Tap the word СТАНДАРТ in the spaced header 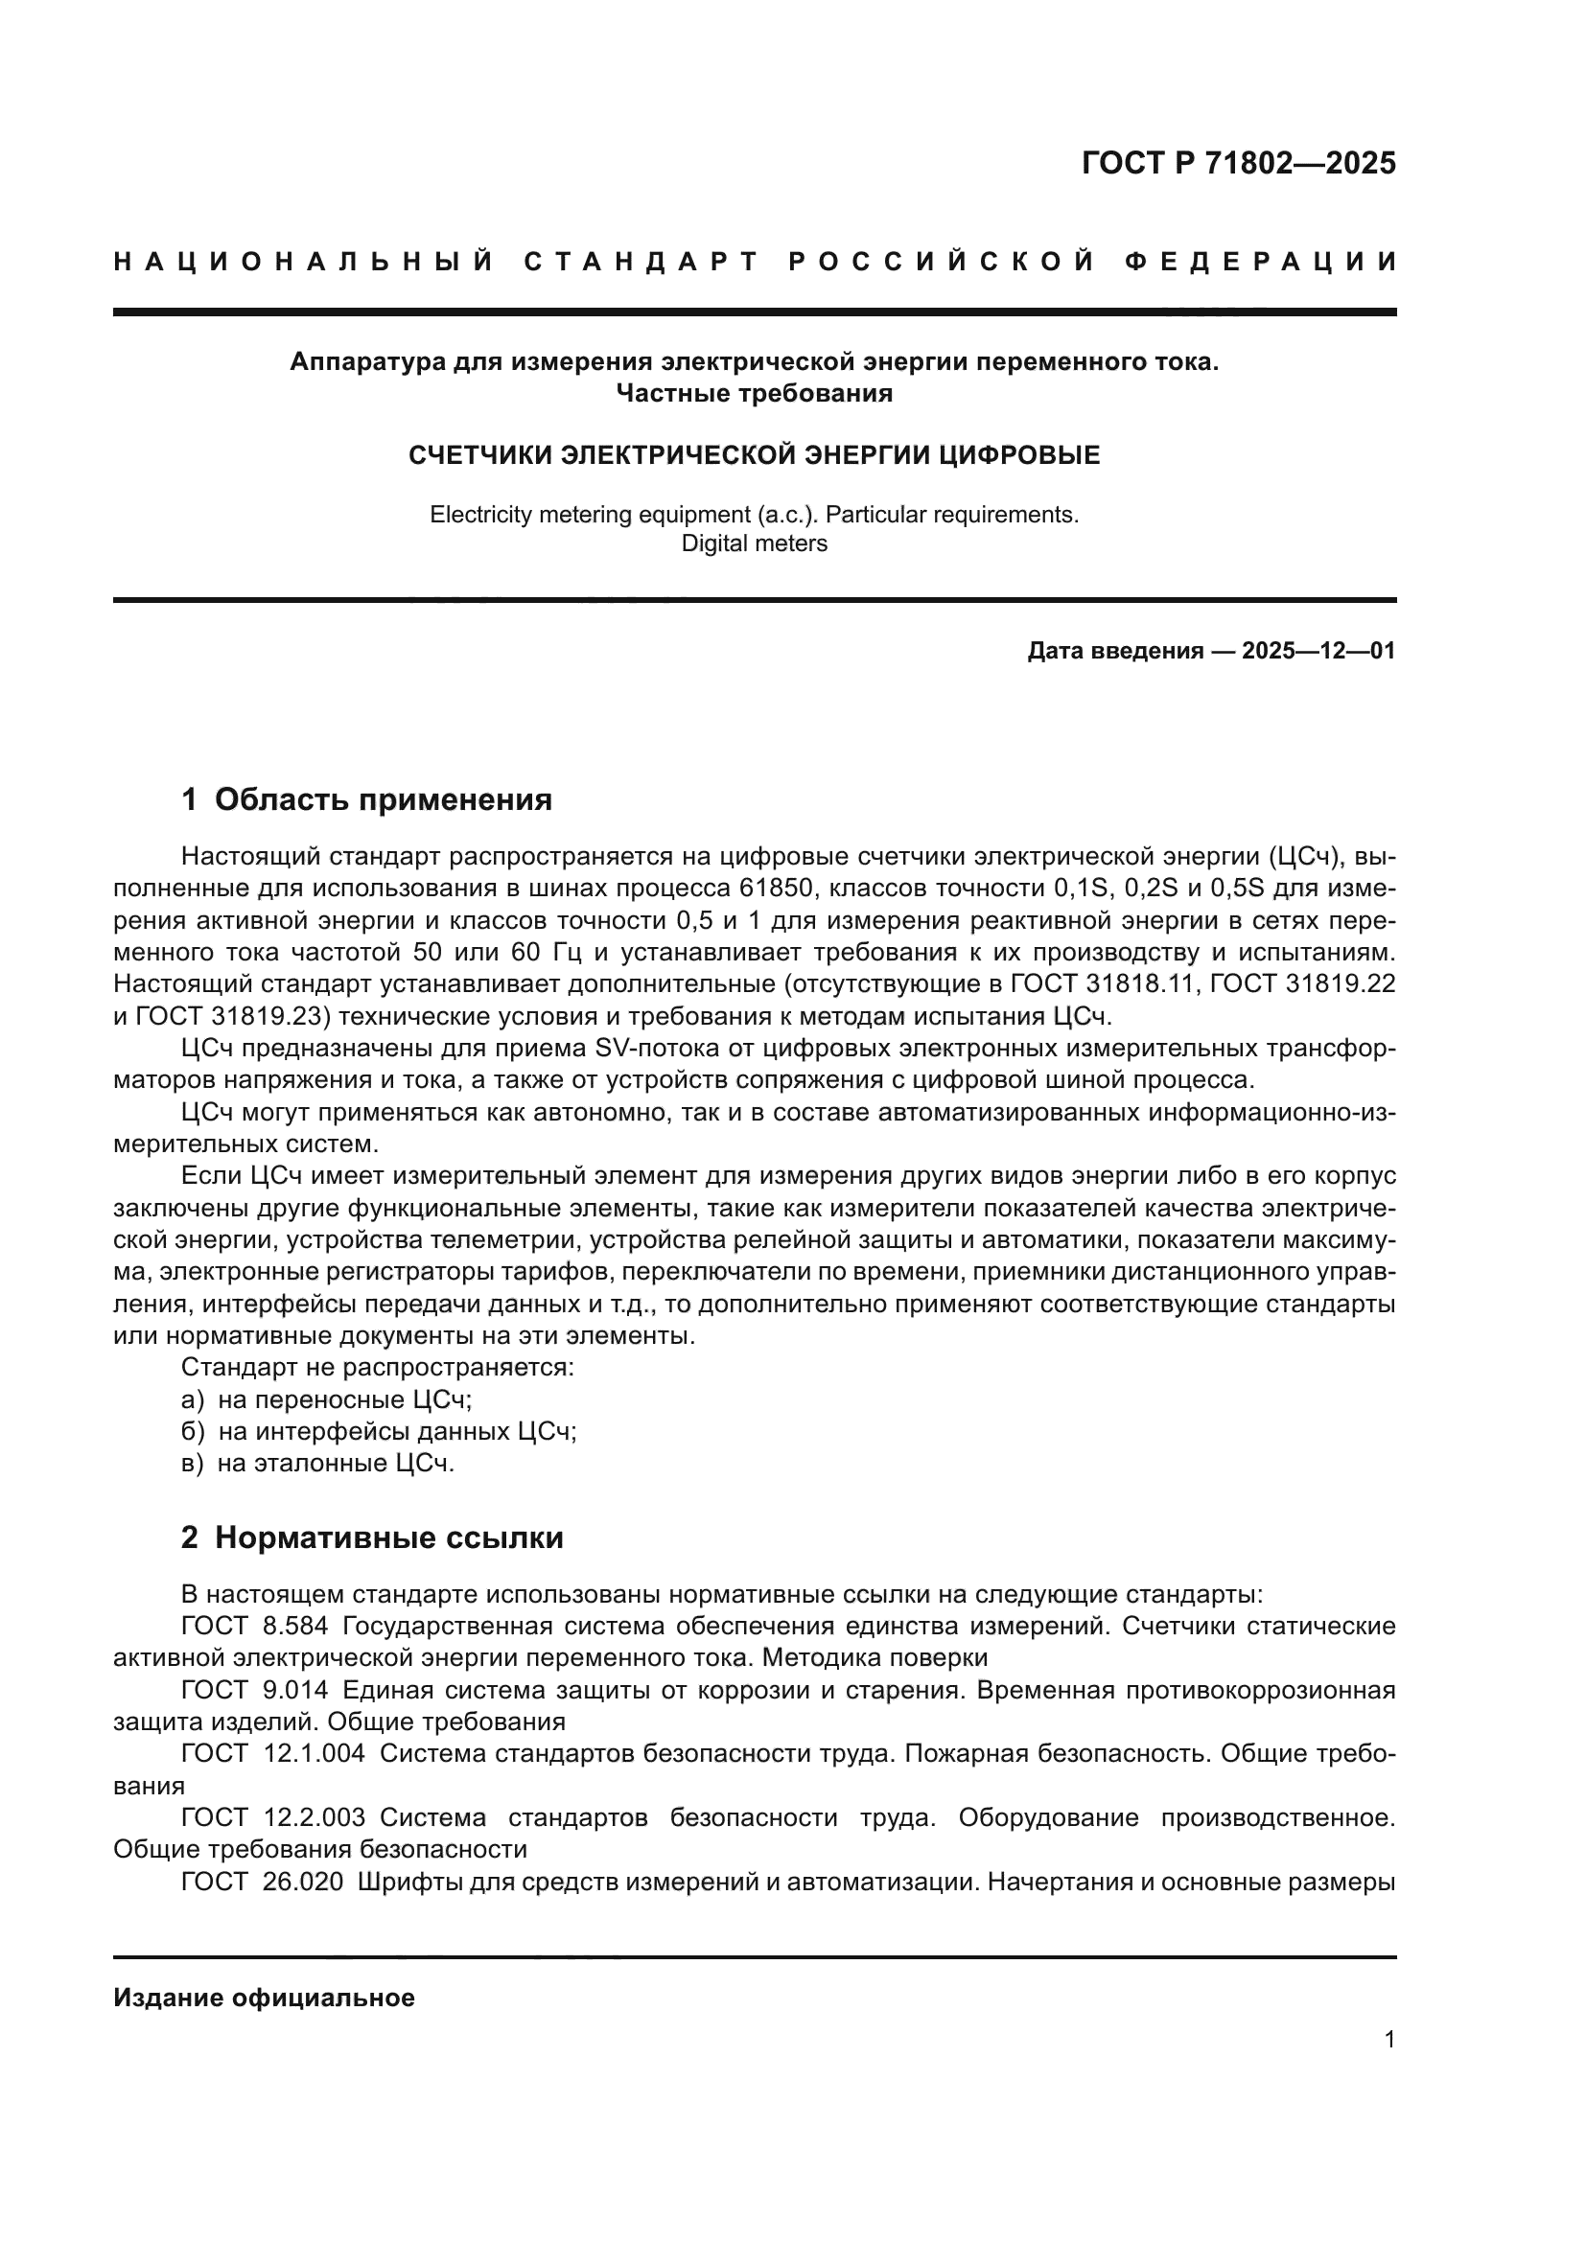coord(641,262)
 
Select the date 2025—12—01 coord(1318,651)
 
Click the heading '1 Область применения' coord(367,799)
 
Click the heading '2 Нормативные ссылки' coord(372,1537)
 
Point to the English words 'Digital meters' coord(754,543)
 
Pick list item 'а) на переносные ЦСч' coord(327,1400)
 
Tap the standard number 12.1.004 coord(314,1754)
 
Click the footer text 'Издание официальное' coord(264,1999)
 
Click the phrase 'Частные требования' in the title coord(754,394)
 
